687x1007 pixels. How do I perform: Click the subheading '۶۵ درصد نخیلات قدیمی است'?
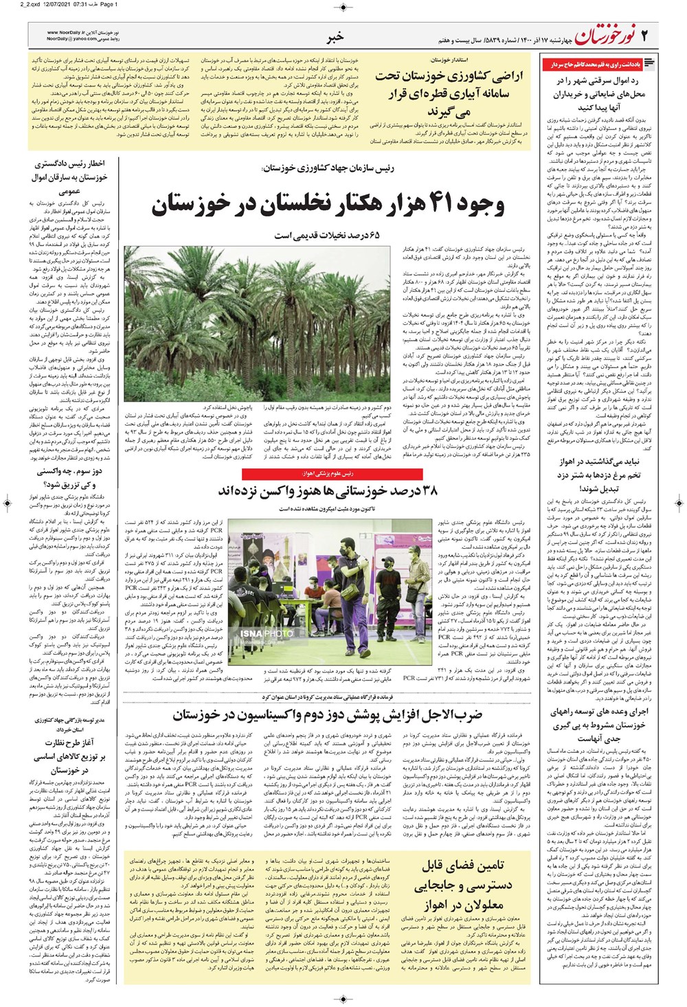point(326,236)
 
